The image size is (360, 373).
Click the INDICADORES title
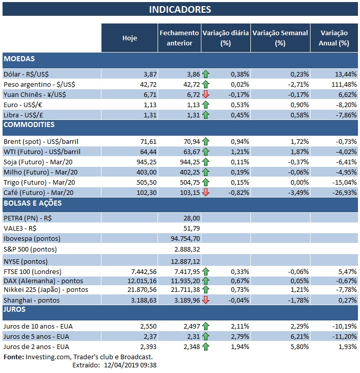[x=180, y=10]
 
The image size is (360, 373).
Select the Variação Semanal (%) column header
[x=280, y=38]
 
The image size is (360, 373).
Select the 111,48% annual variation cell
[x=337, y=84]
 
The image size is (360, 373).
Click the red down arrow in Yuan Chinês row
[x=206, y=94]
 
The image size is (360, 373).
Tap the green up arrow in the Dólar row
[x=206, y=74]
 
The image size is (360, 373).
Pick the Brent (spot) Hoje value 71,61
[x=141, y=141]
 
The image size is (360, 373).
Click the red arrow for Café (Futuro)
[x=206, y=192]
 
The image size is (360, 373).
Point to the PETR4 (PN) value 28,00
[x=191, y=218]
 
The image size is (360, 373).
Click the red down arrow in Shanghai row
[x=206, y=300]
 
